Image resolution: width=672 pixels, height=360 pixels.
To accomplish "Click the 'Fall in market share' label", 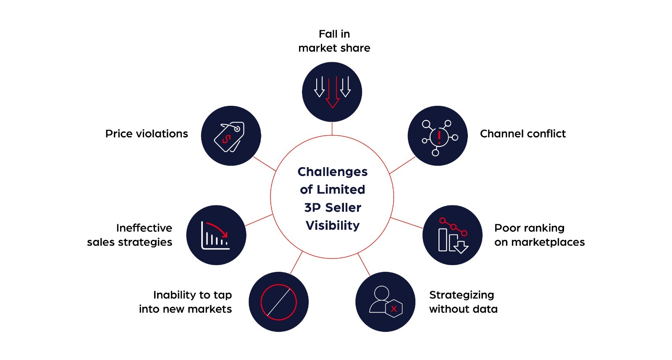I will click(x=334, y=41).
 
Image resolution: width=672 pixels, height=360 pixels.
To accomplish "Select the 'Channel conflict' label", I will click(x=522, y=134).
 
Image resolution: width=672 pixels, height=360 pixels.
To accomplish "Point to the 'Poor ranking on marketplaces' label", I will click(x=539, y=235).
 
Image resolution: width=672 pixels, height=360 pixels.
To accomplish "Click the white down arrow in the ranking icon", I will click(x=461, y=247).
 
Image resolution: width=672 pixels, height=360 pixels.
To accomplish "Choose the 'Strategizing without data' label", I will click(x=463, y=302).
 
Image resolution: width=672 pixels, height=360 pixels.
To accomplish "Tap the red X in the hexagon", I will click(x=394, y=309).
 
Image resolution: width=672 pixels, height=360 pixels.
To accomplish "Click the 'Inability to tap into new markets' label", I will click(x=186, y=302).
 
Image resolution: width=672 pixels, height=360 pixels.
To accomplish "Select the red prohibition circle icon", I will click(x=278, y=302).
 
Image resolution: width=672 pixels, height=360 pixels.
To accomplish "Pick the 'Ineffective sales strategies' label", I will click(x=130, y=235).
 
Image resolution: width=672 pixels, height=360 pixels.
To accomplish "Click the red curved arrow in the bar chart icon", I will click(x=218, y=229).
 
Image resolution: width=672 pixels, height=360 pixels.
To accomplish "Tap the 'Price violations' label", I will click(x=147, y=134).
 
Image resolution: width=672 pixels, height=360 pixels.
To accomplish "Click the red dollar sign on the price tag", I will click(x=227, y=139).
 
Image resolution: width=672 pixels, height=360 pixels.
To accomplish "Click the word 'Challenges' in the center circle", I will click(x=332, y=172).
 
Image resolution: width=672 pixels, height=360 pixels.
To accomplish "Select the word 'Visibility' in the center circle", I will click(x=332, y=226).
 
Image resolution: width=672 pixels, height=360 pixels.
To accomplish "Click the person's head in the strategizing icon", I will click(x=381, y=293).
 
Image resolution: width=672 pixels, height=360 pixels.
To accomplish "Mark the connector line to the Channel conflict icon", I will click(x=402, y=165).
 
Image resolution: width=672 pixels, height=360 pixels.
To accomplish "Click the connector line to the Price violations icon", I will click(x=265, y=164).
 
